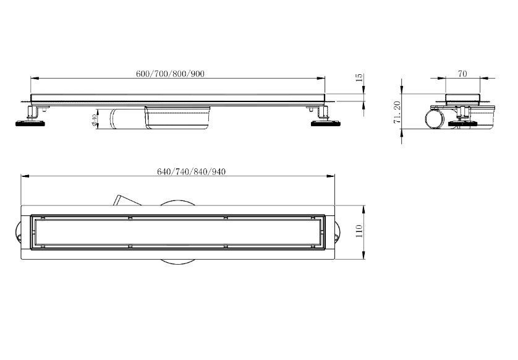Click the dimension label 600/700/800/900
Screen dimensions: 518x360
170,74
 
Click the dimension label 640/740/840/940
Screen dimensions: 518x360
191,171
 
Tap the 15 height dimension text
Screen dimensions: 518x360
359,78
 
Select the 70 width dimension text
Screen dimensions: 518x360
462,74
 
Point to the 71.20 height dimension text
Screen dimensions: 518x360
397,112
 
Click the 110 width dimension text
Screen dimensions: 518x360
359,231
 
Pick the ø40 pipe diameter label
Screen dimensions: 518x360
94,120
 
